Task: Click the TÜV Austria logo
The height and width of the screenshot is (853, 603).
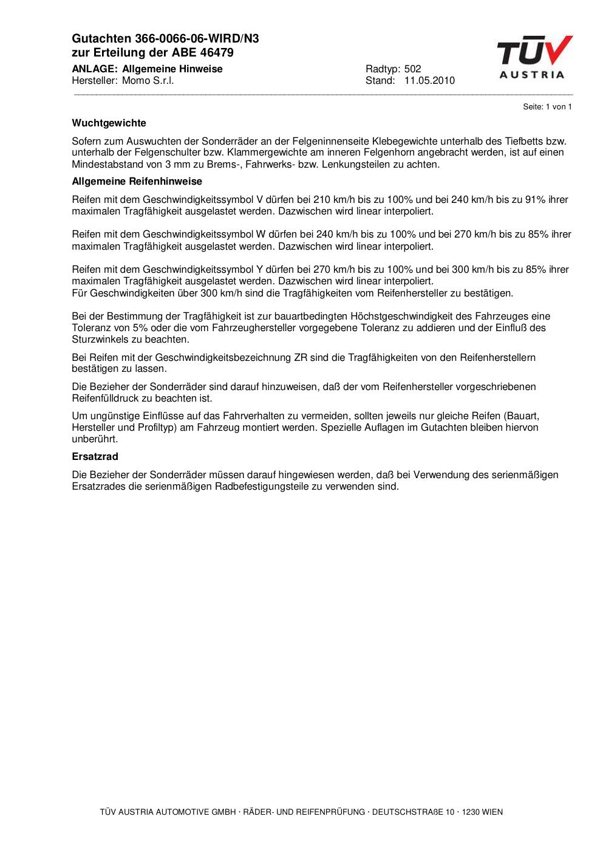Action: [x=534, y=57]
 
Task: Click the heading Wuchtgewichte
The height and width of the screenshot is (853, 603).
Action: [x=109, y=123]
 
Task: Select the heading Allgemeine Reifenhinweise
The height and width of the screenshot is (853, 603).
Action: [x=137, y=182]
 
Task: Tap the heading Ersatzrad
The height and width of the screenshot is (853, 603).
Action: [x=95, y=457]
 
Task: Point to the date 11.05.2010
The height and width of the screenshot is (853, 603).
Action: [x=429, y=81]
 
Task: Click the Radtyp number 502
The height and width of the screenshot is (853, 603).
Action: [x=412, y=69]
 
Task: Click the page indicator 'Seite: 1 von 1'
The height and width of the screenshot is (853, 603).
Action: [x=547, y=107]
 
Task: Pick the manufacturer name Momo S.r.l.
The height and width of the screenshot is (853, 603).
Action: [x=148, y=81]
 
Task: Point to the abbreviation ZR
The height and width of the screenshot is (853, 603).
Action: [x=300, y=358]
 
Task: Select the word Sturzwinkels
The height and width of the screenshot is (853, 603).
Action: [x=100, y=340]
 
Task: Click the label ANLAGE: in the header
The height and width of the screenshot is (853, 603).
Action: [x=94, y=69]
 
